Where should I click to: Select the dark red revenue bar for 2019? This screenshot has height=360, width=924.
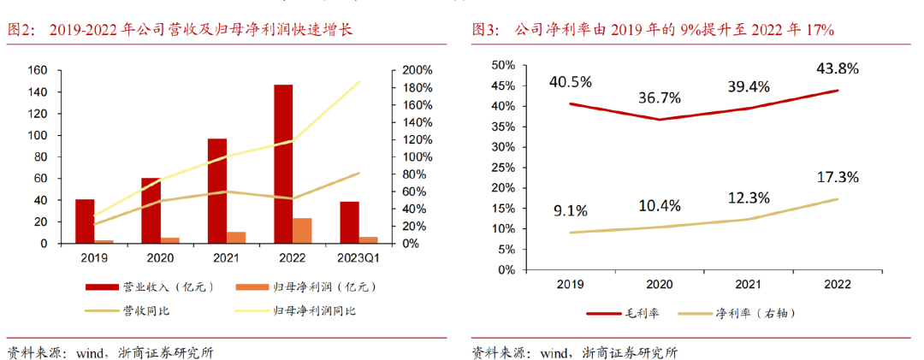point(85,221)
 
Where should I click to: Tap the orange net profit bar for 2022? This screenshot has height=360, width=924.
point(303,231)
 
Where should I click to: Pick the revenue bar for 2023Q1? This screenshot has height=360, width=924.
point(349,222)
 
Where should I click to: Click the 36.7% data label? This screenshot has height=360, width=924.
point(659,97)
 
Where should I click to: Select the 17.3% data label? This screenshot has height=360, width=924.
point(838,177)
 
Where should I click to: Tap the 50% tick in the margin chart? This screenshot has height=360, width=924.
point(503,65)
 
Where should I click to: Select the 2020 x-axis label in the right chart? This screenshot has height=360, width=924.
point(659,284)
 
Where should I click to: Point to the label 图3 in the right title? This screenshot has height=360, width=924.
point(488,31)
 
